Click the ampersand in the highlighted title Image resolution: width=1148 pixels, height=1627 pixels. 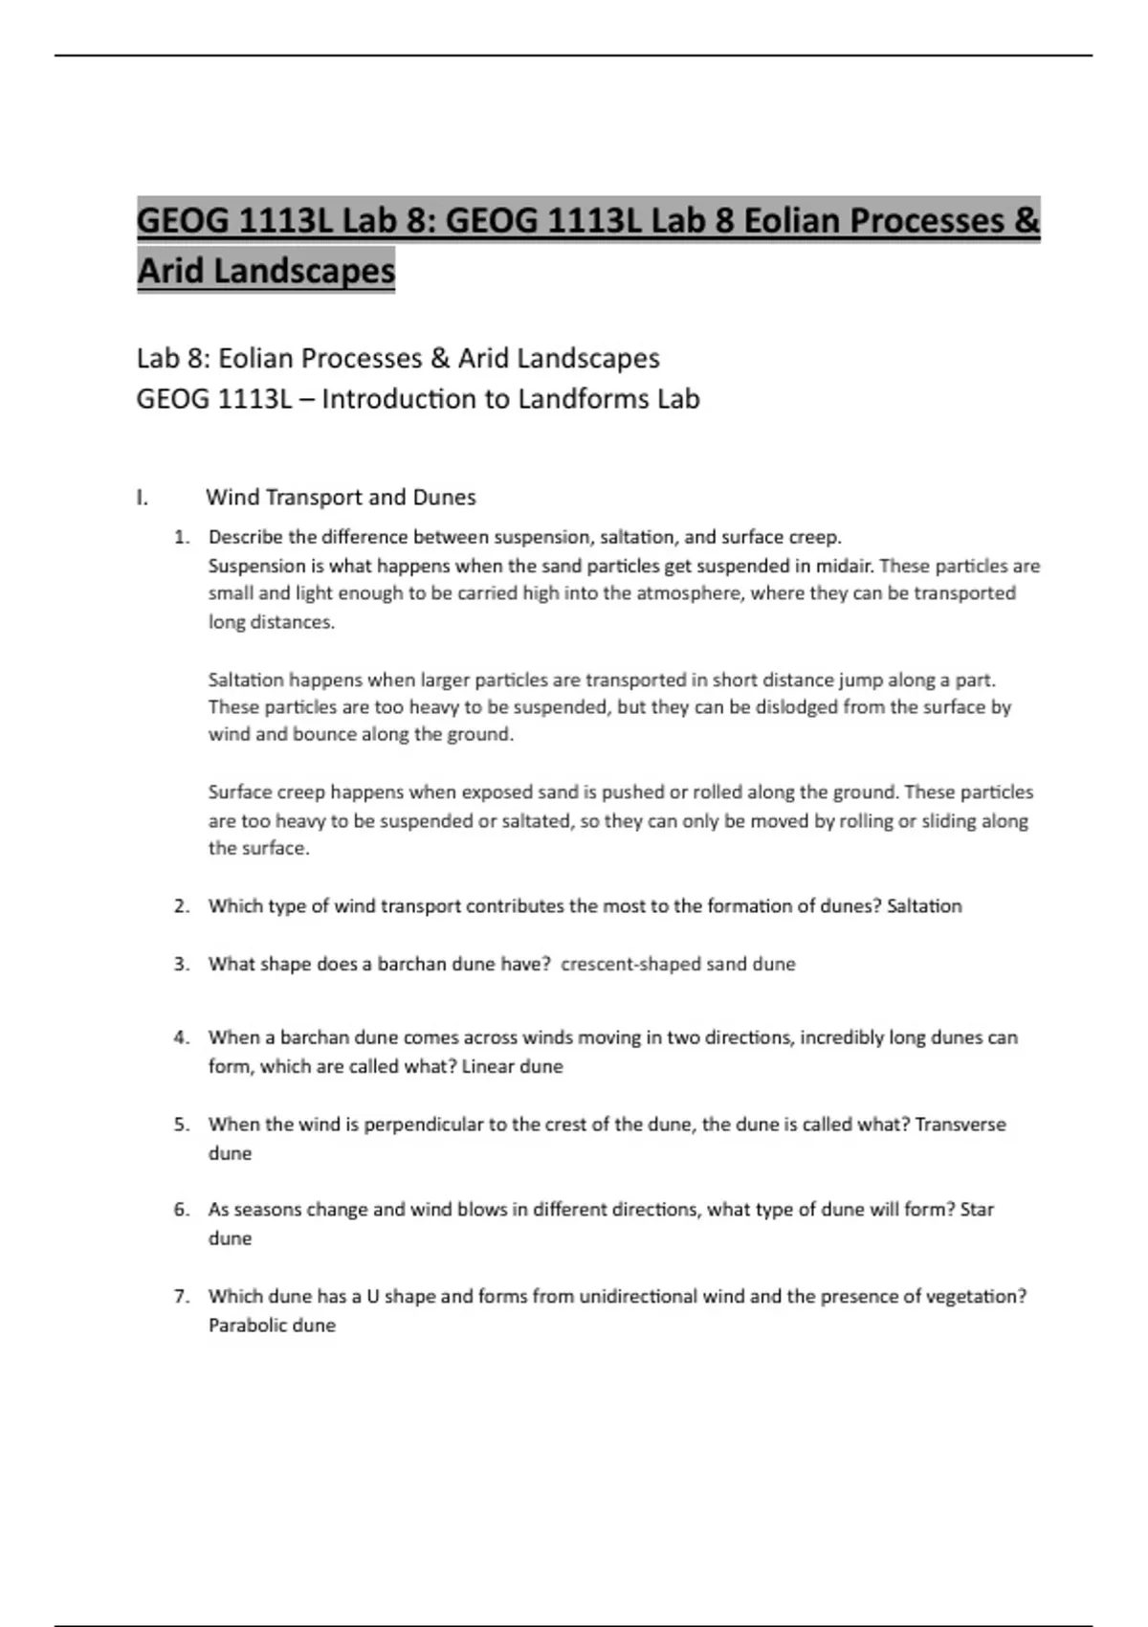click(1025, 221)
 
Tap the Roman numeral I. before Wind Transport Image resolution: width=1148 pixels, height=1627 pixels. click(143, 498)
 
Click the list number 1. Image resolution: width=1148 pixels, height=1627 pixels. click(182, 537)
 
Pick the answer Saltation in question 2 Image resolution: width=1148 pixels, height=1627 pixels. click(924, 906)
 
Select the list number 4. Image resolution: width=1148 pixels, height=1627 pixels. click(182, 1037)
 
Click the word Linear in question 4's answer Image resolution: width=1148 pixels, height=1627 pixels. click(486, 1066)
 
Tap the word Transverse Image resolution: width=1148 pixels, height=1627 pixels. click(960, 1125)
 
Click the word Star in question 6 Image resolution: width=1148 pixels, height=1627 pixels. click(977, 1210)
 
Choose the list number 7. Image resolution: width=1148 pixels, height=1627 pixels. click(182, 1297)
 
